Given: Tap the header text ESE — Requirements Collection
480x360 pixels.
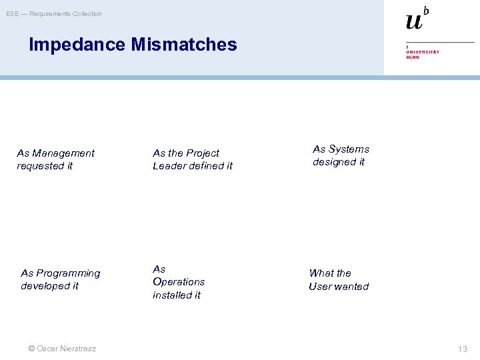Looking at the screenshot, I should (54, 14).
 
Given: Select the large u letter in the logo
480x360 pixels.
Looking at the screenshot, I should (414, 21).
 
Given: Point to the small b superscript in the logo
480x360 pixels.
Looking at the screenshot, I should (426, 10).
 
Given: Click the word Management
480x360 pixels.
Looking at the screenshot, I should (64, 153).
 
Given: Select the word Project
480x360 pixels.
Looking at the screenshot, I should (204, 153).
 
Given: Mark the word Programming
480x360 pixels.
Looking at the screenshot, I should (68, 273).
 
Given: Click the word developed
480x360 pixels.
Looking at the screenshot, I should (44, 286).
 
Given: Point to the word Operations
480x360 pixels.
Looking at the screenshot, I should (179, 282).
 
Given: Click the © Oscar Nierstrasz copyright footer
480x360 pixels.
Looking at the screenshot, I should (62, 349).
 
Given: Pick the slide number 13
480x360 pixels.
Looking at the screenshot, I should (463, 349).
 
